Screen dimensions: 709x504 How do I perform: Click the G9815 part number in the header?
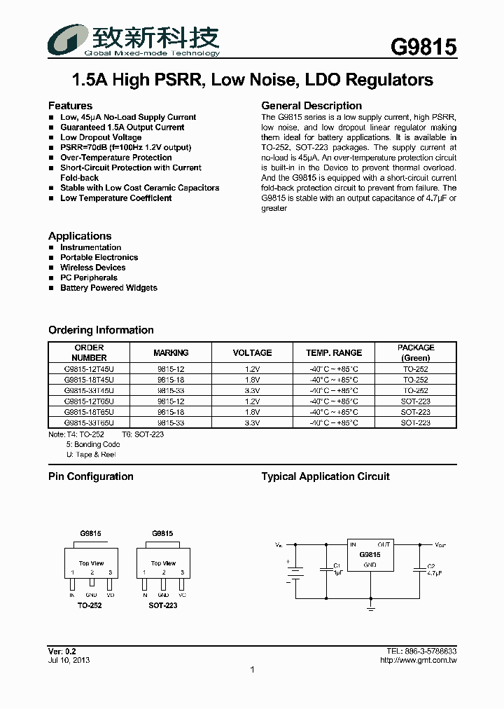click(423, 47)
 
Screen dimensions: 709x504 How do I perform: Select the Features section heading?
click(70, 106)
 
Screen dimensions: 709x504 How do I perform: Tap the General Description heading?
click(311, 106)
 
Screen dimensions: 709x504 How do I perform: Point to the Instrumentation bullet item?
click(90, 247)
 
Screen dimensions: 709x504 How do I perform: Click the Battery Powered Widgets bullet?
click(108, 288)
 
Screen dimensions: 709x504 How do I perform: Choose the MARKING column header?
click(171, 352)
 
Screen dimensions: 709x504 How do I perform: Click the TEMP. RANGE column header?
click(334, 352)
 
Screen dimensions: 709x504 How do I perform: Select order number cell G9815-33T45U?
click(89, 390)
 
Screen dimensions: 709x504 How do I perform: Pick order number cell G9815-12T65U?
click(89, 401)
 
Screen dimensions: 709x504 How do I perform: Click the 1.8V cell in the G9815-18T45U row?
click(252, 380)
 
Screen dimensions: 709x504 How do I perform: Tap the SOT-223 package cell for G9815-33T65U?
click(416, 423)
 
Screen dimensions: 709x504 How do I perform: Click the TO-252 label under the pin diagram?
click(90, 605)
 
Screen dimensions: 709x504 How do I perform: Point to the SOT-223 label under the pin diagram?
click(162, 605)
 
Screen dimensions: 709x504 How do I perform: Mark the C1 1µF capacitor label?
click(337, 569)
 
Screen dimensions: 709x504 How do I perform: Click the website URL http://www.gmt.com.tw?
click(418, 660)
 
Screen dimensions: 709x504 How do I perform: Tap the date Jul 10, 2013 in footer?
click(69, 660)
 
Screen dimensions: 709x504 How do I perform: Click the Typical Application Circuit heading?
click(325, 476)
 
